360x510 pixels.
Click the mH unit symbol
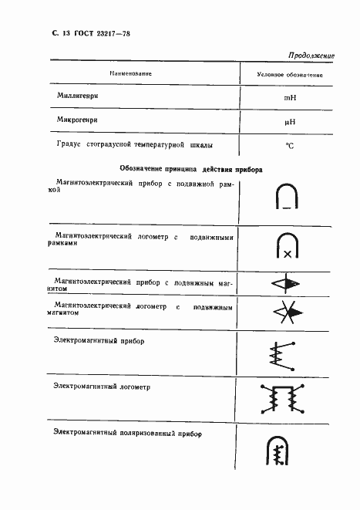pyautogui.click(x=290, y=98)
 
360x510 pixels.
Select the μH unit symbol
pyautogui.click(x=290, y=122)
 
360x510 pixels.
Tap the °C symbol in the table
pyautogui.click(x=290, y=145)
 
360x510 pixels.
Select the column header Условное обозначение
pyautogui.click(x=290, y=74)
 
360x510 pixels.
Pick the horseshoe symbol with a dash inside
pyautogui.click(x=287, y=197)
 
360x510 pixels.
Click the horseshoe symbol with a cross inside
pyautogui.click(x=287, y=245)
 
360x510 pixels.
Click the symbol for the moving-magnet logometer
pyautogui.click(x=287, y=312)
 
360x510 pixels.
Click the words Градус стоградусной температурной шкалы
pyautogui.click(x=133, y=144)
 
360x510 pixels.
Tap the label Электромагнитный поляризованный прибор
pyautogui.click(x=127, y=434)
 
